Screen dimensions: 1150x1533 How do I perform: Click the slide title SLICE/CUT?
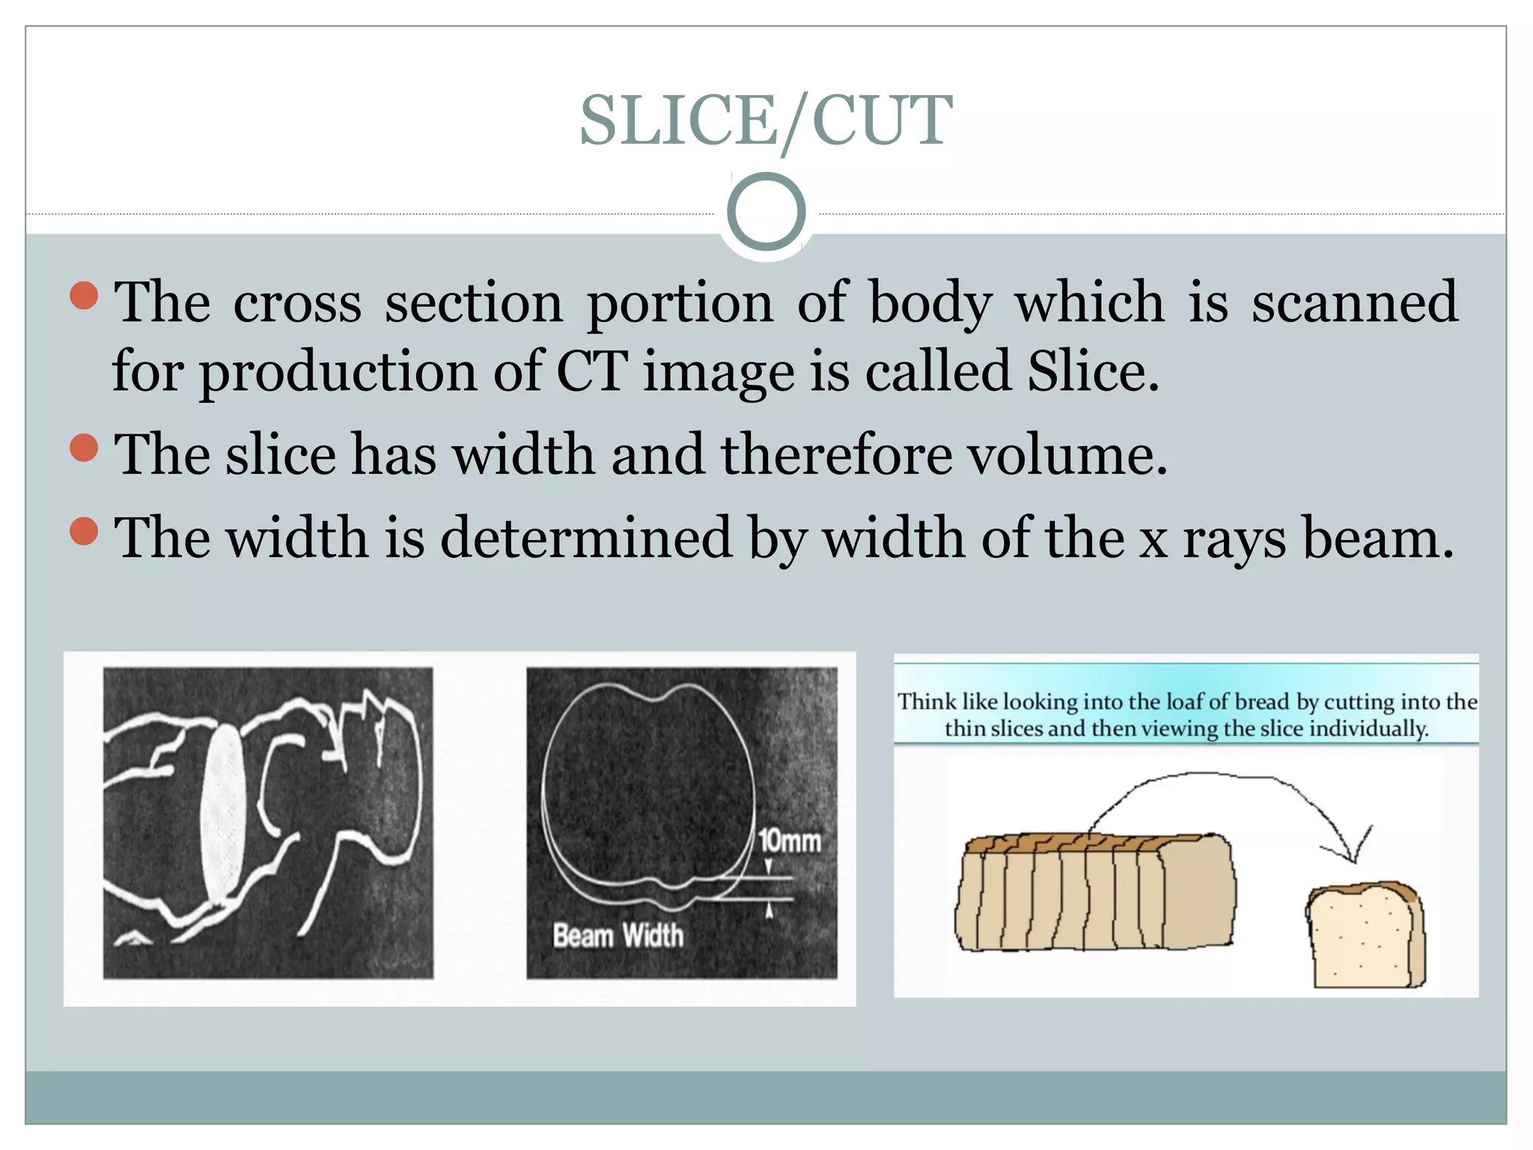[766, 121]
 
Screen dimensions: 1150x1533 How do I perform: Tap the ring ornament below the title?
[766, 212]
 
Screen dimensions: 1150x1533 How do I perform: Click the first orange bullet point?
[84, 296]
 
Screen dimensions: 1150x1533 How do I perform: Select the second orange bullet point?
[84, 448]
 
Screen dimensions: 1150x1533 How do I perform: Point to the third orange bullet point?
[84, 532]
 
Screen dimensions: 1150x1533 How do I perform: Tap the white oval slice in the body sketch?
[223, 812]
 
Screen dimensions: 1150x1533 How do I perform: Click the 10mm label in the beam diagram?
[790, 841]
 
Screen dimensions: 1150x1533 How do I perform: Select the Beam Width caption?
[618, 936]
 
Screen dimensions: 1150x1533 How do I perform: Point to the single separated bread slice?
[1366, 936]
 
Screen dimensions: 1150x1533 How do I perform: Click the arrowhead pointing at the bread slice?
[1351, 854]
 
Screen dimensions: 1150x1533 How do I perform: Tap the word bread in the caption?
[1262, 702]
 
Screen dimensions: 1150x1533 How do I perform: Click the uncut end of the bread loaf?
[1198, 891]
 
